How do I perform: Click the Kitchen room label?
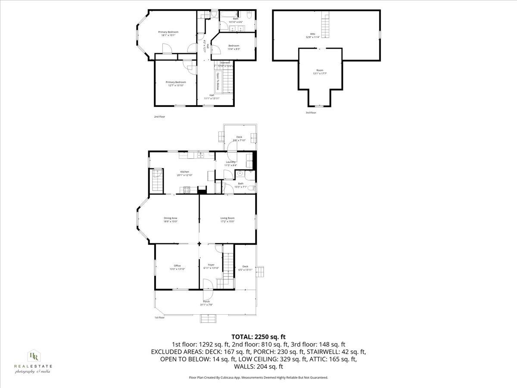pos(184,173)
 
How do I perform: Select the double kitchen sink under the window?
pos(201,155)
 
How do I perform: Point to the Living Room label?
pos(227,220)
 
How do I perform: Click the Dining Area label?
pos(170,220)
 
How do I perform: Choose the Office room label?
pos(177,267)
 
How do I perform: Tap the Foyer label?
pos(211,266)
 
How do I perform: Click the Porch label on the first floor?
pos(206,303)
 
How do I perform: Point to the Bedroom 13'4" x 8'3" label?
pos(234,47)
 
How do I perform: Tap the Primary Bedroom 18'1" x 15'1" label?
pos(168,34)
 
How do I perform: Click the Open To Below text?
pos(218,81)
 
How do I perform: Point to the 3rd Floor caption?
pos(311,113)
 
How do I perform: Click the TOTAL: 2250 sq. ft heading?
pos(258,337)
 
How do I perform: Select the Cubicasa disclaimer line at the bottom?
pos(258,377)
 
